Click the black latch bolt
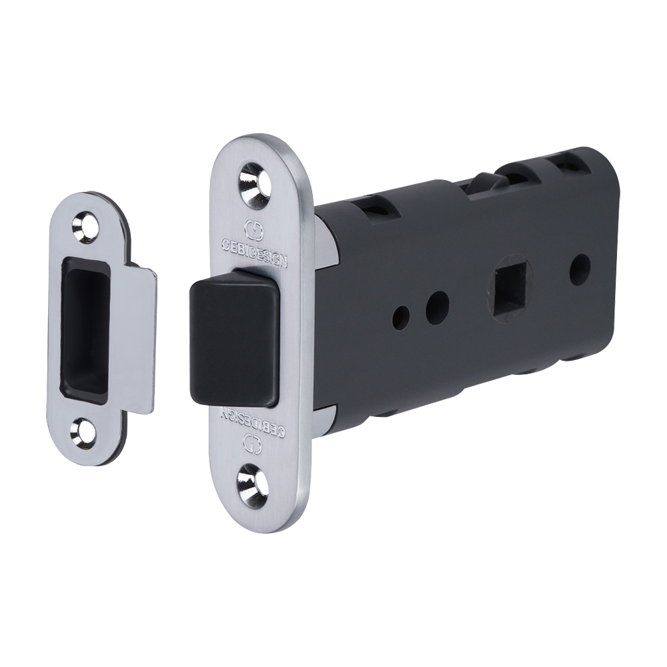[234, 338]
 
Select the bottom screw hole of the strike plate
[84, 429]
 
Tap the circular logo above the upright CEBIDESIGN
[254, 229]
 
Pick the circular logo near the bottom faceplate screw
[252, 443]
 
